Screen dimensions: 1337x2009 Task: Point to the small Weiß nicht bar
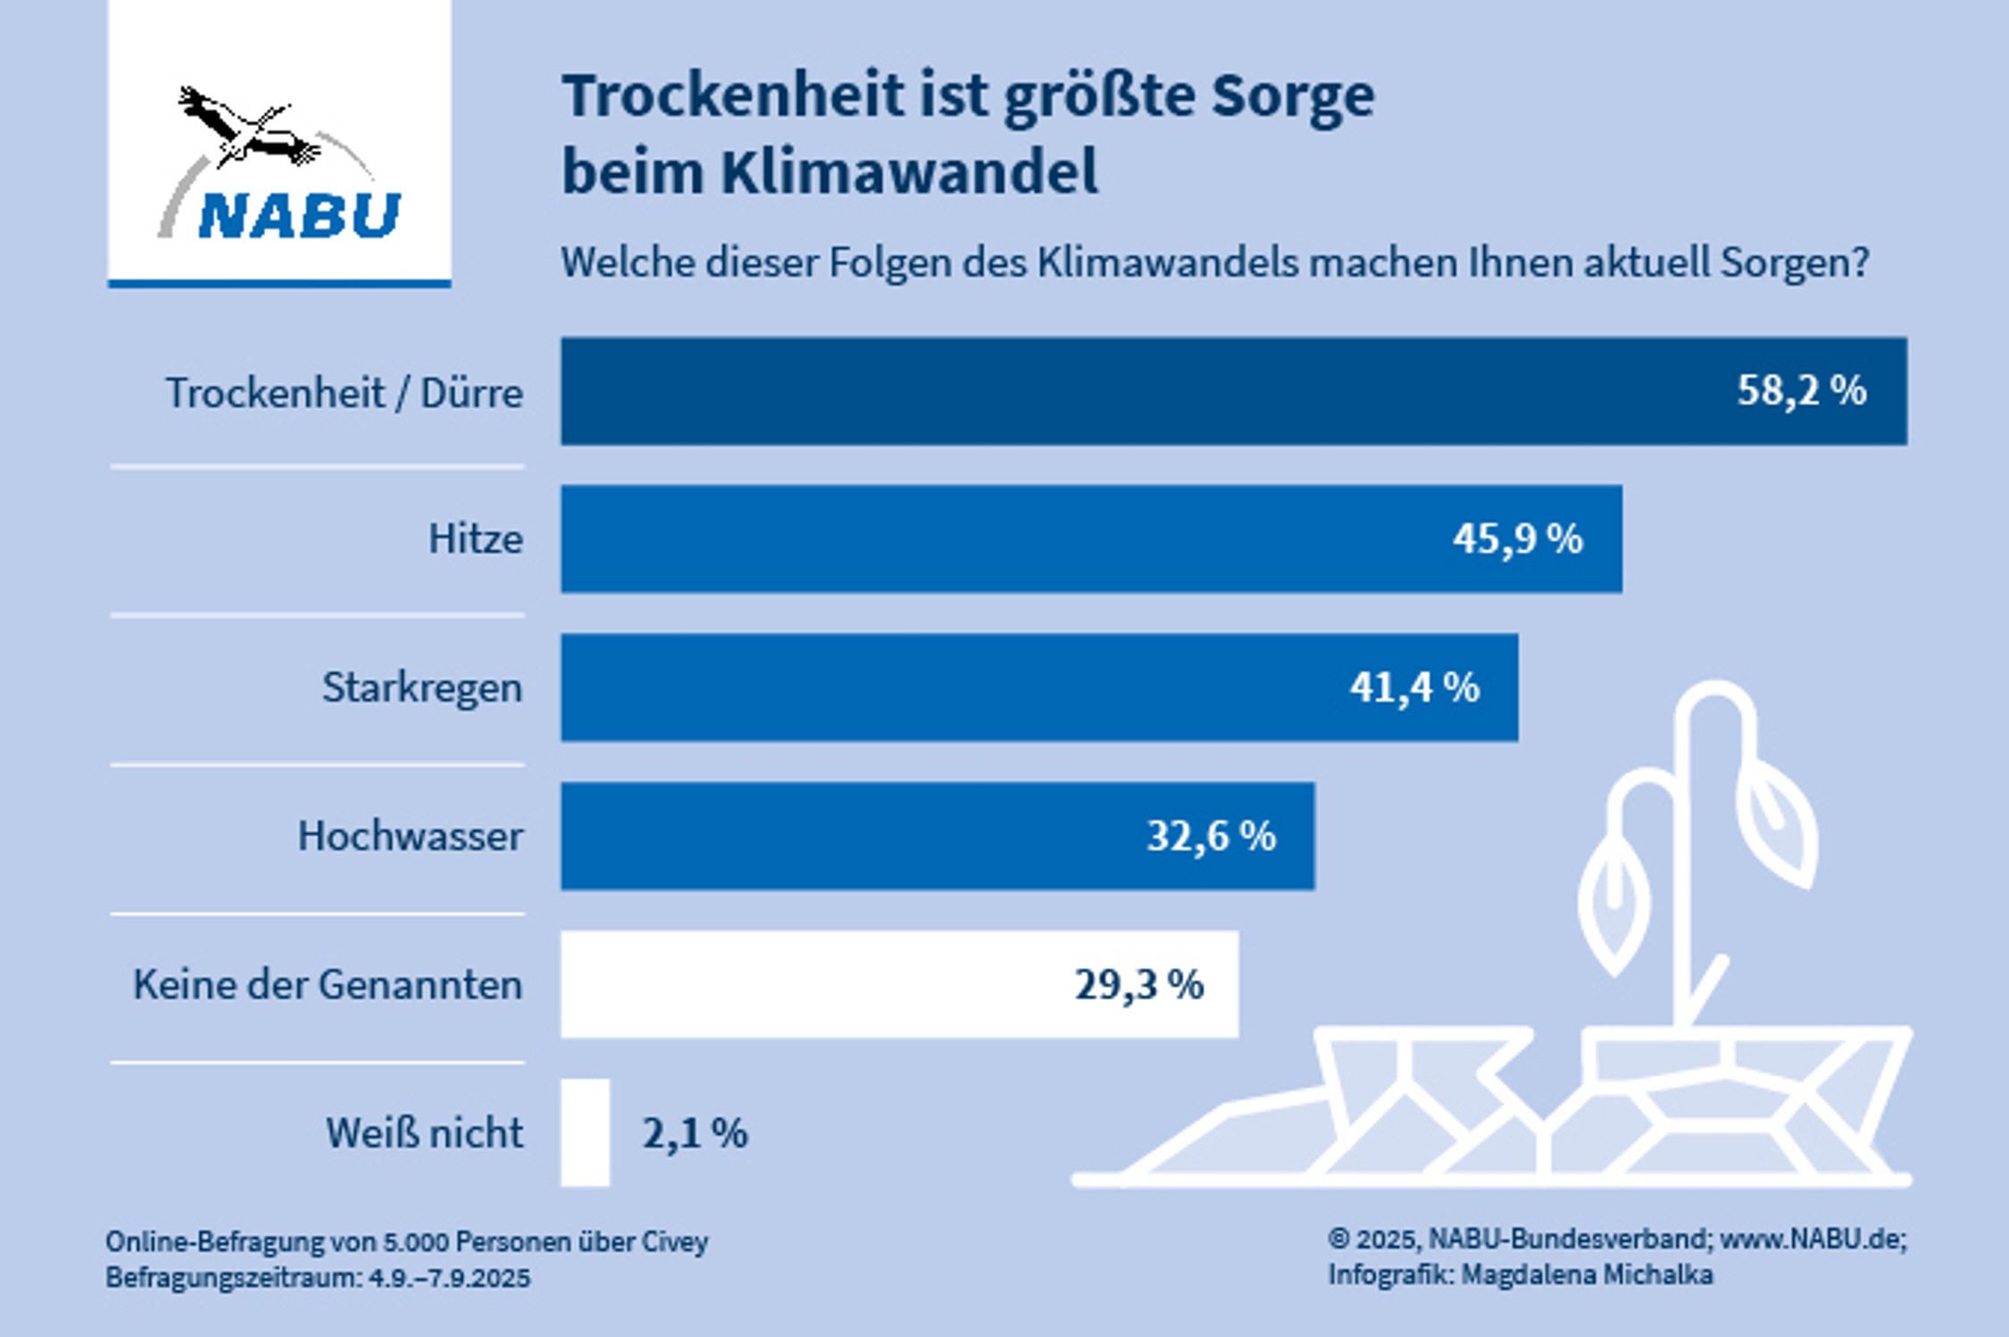click(585, 1132)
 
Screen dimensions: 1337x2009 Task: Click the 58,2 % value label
click(1801, 391)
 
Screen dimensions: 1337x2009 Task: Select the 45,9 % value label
click(1517, 539)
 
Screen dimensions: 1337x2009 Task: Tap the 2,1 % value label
click(695, 1133)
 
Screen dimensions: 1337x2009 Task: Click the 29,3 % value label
click(1138, 984)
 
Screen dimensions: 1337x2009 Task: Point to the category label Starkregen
click(421, 688)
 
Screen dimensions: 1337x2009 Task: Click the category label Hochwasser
click(410, 836)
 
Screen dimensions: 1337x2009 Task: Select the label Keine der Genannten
click(328, 984)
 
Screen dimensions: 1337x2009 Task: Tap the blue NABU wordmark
click(299, 215)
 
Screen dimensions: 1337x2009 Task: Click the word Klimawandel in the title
click(909, 171)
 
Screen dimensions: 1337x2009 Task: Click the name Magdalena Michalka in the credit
click(1587, 1274)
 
